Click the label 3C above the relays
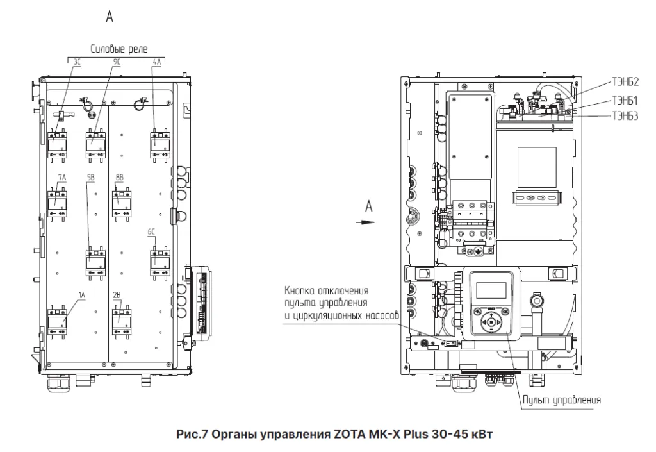tap(77, 62)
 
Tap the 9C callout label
tap(116, 62)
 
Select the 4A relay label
tap(157, 62)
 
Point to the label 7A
tap(62, 178)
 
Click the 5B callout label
tap(90, 178)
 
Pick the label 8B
tap(119, 178)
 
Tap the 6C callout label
tap(151, 231)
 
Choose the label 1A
tap(81, 295)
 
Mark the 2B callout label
tap(117, 295)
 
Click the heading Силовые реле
tap(119, 49)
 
